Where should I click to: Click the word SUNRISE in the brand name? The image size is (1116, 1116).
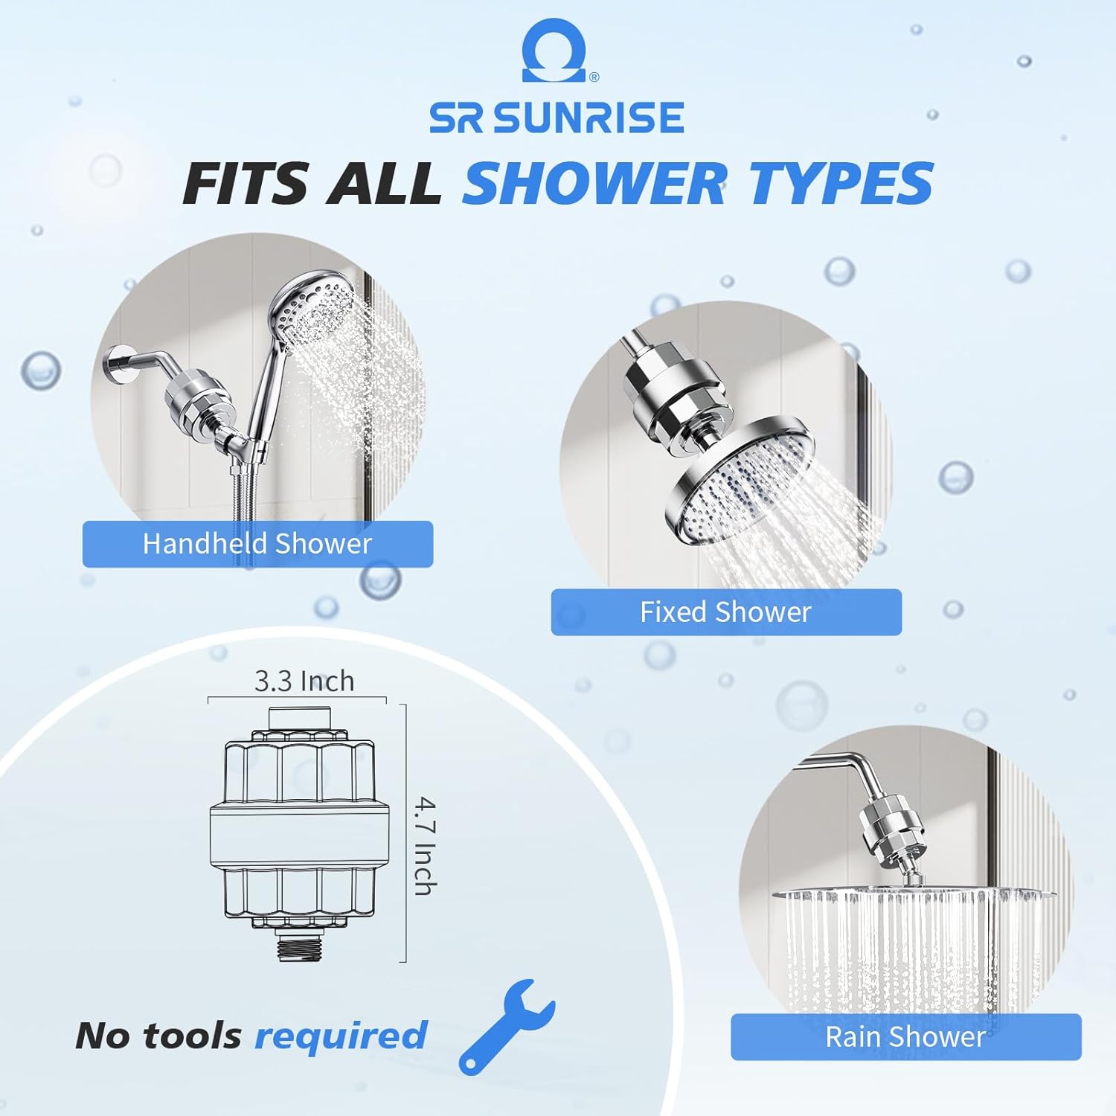pos(590,118)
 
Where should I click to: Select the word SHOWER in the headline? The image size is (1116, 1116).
pos(594,183)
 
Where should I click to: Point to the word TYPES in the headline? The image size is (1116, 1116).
pos(841,183)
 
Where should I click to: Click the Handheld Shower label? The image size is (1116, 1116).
pos(257,544)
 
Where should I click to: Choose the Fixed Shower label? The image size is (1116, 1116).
pos(725,612)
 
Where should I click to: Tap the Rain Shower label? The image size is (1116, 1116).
pos(905,1036)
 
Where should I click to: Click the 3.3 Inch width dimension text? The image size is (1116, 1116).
pos(304,681)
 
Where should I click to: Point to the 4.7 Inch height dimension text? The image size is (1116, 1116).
pos(425,846)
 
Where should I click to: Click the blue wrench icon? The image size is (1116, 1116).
pos(506,1025)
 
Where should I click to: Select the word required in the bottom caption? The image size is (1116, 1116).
pos(341,1036)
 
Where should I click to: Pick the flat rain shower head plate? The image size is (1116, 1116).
pos(915,894)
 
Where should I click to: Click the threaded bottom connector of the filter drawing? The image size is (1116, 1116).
pos(299,949)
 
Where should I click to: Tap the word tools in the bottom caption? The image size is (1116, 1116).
pos(192,1036)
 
